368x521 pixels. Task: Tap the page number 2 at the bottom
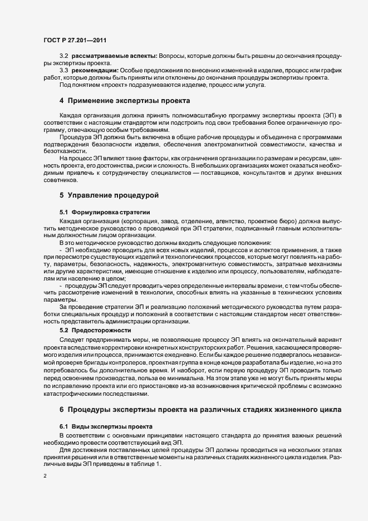click(x=45, y=476)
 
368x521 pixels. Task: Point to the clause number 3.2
click(x=64, y=56)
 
